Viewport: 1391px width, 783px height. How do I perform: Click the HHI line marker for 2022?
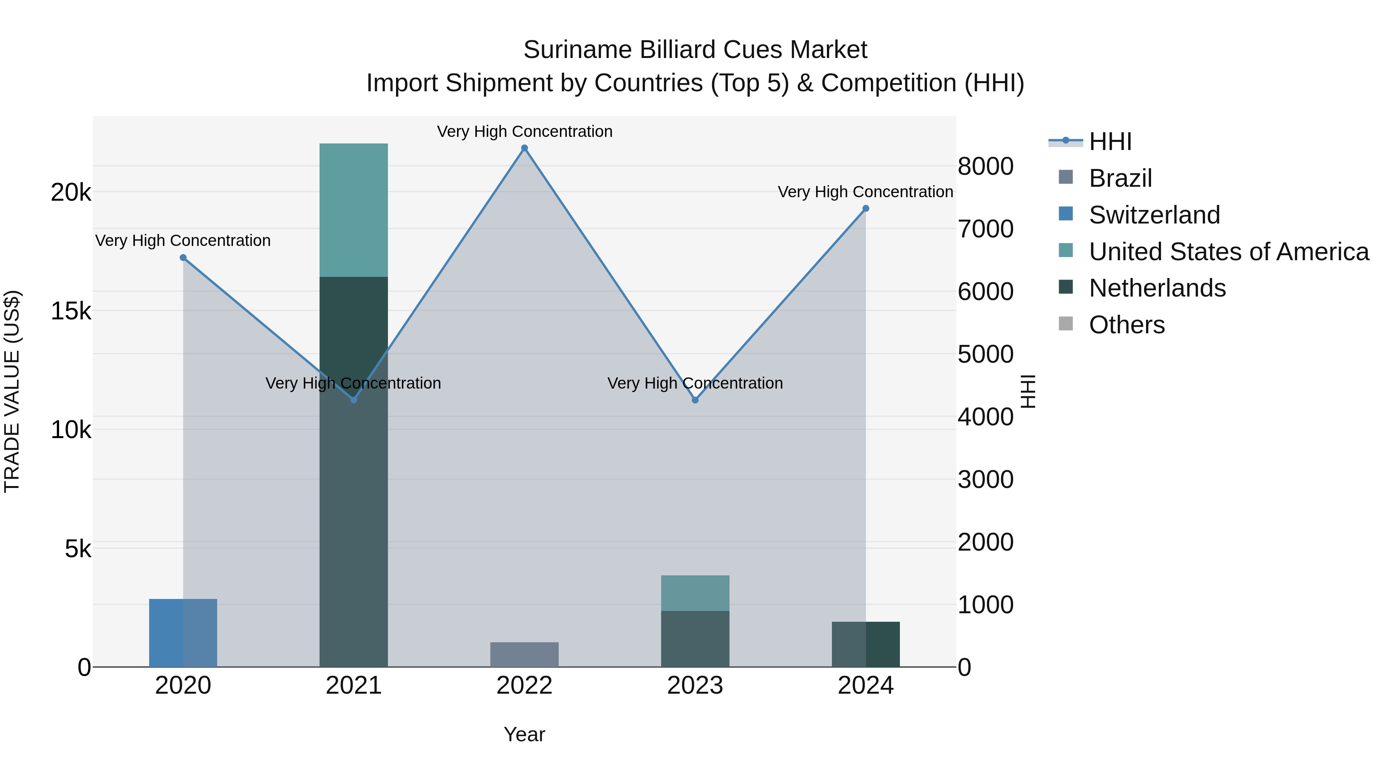524,148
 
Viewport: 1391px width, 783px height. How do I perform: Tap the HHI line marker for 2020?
183,258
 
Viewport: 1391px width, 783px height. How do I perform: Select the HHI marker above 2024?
866,208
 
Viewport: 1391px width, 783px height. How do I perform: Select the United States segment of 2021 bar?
354,210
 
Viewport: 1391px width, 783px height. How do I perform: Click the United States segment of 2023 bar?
695,593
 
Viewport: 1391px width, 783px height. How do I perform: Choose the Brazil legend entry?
1121,178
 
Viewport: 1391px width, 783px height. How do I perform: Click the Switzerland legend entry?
1154,215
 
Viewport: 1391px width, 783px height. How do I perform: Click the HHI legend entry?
1110,142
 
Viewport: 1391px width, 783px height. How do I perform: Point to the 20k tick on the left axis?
71,193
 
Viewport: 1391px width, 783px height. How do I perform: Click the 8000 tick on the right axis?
985,166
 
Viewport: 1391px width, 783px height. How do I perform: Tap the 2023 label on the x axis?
695,686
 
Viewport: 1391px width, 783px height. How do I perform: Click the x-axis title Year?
524,734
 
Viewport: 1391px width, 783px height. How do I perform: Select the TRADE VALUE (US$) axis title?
12,391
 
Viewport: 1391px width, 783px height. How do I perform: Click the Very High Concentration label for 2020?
183,241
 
